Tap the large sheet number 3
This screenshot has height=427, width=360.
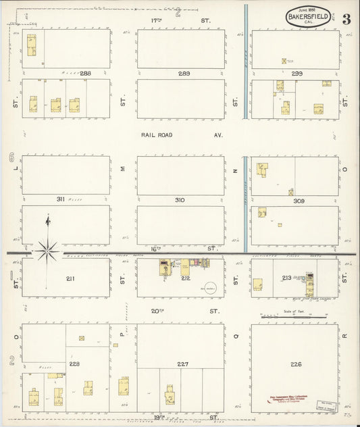point(346,19)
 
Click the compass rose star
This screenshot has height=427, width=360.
point(47,251)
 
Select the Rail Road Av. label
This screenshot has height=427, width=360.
point(182,135)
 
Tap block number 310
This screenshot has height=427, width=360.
point(180,200)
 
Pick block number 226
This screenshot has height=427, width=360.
point(296,364)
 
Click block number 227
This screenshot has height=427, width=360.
point(182,364)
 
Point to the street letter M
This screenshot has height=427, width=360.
point(123,170)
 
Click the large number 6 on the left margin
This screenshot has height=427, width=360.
point(11,158)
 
